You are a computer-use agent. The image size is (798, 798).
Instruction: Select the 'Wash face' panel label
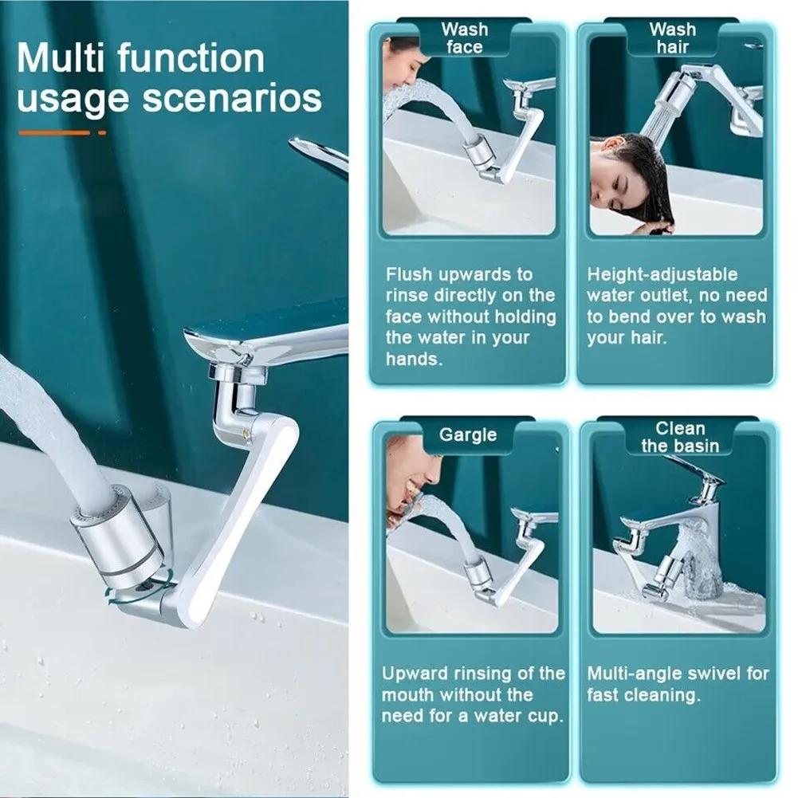(465, 38)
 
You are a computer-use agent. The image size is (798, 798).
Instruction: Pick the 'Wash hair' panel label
(672, 38)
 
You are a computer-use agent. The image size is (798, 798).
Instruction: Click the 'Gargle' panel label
(467, 434)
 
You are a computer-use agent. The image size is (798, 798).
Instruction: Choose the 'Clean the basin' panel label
(679, 437)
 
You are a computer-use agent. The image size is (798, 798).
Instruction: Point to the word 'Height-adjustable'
(662, 274)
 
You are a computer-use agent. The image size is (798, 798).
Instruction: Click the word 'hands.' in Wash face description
(413, 359)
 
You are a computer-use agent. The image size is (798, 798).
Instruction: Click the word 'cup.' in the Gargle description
(543, 715)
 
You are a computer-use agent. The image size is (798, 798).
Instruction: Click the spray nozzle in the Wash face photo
(476, 152)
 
